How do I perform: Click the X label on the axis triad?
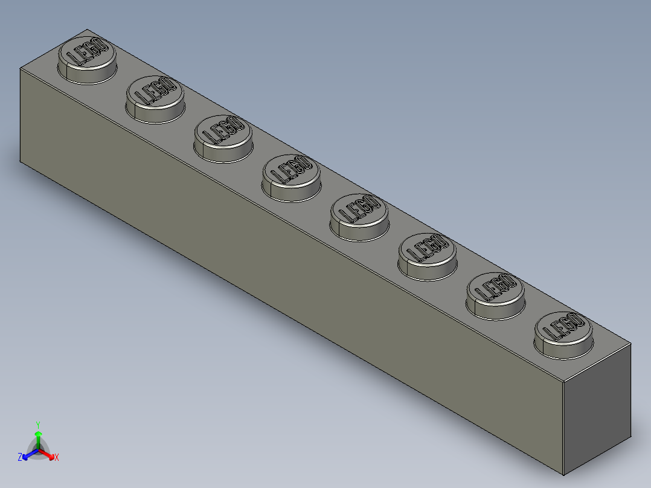57,458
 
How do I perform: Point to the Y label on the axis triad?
38,425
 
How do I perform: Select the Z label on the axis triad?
20,458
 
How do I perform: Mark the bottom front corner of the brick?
563,474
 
